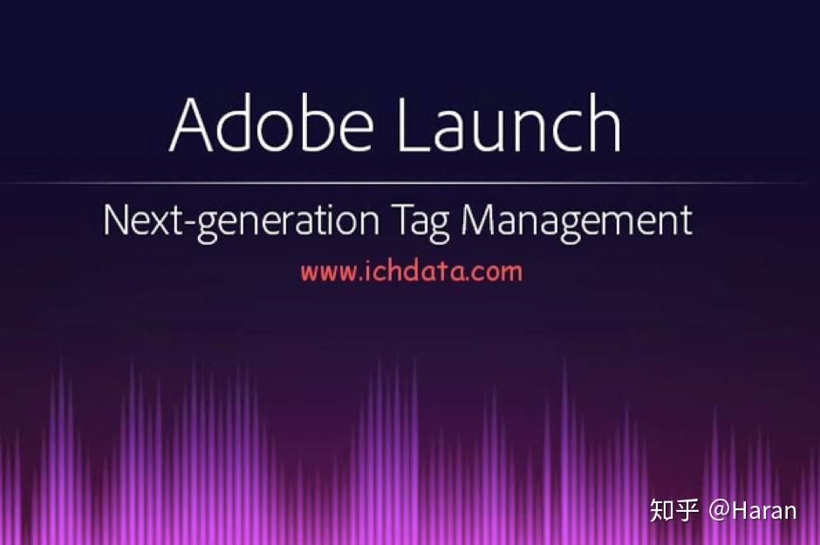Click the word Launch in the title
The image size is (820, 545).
coord(509,125)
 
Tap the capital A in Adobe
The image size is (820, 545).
coord(193,125)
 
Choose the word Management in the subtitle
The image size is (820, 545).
coord(577,221)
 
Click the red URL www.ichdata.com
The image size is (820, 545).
coord(411,271)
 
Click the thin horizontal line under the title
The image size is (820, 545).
coord(410,183)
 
